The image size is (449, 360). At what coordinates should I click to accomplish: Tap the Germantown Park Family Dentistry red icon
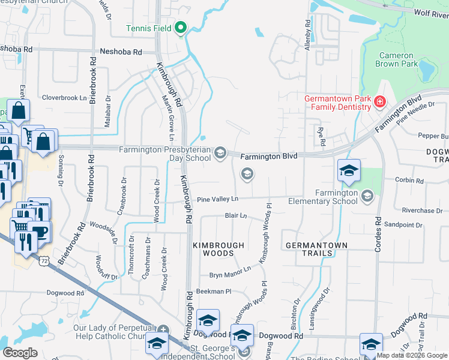(379, 103)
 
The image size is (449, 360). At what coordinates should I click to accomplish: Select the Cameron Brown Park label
(397, 59)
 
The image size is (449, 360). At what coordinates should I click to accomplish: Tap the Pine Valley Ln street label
(218, 199)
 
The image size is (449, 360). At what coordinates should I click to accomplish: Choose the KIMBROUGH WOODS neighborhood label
(218, 250)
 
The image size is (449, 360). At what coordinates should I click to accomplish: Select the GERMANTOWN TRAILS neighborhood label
(317, 250)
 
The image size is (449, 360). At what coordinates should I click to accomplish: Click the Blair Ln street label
(236, 215)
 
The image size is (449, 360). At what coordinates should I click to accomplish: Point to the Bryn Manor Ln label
(230, 275)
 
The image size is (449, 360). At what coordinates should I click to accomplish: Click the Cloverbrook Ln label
(64, 97)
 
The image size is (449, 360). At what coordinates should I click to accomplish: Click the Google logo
(20, 353)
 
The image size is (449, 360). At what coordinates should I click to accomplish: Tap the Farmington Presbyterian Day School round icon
(220, 154)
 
